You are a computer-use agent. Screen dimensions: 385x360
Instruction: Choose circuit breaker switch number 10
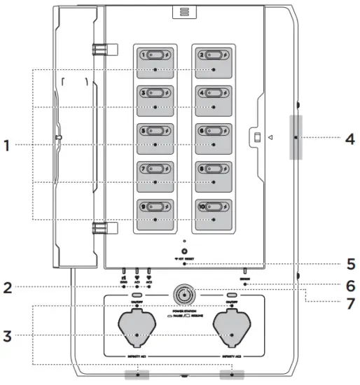coord(214,206)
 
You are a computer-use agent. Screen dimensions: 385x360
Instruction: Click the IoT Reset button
coord(184,251)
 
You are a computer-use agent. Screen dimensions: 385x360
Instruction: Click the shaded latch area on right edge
coord(296,138)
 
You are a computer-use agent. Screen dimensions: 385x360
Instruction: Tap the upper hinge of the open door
coord(101,50)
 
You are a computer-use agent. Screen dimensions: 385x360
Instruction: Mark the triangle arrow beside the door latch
coord(270,137)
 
